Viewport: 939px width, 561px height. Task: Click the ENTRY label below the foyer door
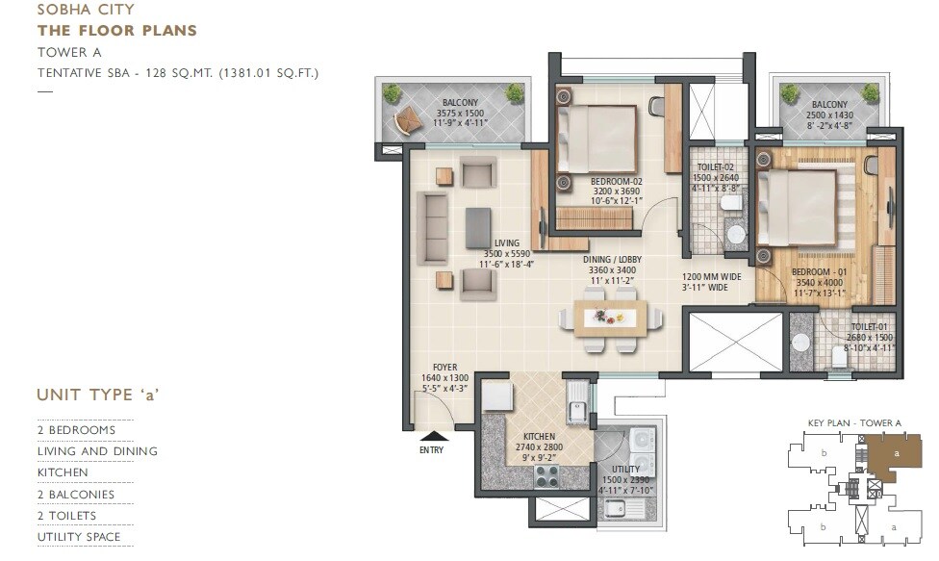click(x=432, y=448)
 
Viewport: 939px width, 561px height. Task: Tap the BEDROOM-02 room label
click(x=616, y=181)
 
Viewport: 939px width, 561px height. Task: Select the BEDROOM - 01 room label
click(x=820, y=272)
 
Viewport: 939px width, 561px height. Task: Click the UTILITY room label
click(x=625, y=469)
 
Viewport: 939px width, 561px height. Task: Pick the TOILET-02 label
click(x=715, y=166)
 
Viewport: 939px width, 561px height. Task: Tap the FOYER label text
click(x=444, y=367)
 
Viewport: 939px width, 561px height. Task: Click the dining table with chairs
click(x=611, y=317)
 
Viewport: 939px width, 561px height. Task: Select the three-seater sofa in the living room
click(x=433, y=229)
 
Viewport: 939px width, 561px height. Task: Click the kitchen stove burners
click(x=546, y=475)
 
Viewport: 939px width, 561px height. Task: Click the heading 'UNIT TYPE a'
click(x=97, y=395)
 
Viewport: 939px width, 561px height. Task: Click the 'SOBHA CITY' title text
click(x=86, y=10)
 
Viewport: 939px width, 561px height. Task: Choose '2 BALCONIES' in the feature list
click(x=76, y=495)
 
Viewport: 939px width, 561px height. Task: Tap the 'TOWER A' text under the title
click(x=69, y=52)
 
